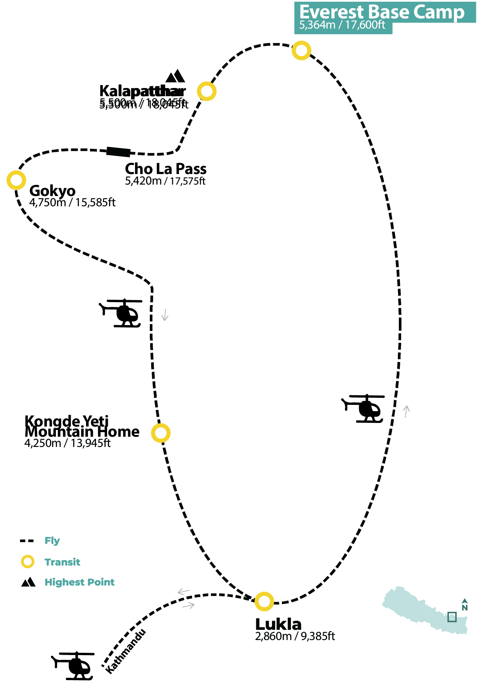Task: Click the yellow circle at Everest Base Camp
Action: click(x=301, y=51)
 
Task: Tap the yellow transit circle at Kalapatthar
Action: click(x=207, y=91)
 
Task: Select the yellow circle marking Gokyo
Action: click(x=16, y=180)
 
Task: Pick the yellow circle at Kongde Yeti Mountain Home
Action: click(x=161, y=433)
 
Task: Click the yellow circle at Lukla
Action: click(x=264, y=602)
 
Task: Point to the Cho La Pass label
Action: click(x=166, y=169)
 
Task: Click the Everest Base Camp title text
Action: click(x=382, y=12)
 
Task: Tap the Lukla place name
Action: click(x=278, y=624)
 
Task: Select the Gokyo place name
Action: click(x=53, y=191)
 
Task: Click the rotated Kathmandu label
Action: click(x=125, y=652)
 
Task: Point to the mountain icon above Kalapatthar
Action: click(x=175, y=76)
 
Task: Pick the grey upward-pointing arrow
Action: click(x=406, y=411)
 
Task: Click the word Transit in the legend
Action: click(x=62, y=562)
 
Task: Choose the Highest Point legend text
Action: click(x=80, y=583)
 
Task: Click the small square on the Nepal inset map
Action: click(x=452, y=617)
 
